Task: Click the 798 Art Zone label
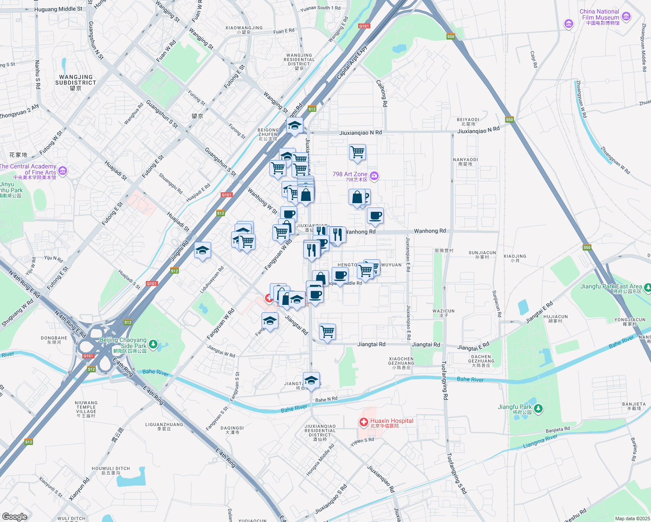click(x=350, y=174)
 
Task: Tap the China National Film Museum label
click(x=600, y=15)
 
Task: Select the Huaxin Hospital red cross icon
click(x=363, y=422)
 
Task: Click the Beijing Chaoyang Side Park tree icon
click(x=153, y=345)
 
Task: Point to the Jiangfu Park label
click(x=515, y=407)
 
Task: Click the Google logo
click(x=14, y=516)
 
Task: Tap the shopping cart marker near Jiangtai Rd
click(x=327, y=331)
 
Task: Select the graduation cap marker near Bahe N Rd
click(x=311, y=380)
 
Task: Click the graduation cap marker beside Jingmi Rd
click(x=203, y=250)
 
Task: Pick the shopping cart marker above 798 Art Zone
click(x=357, y=152)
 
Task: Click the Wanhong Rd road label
click(x=430, y=231)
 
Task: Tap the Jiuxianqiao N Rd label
click(x=360, y=133)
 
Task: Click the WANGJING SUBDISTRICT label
click(x=76, y=80)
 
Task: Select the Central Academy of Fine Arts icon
click(x=63, y=171)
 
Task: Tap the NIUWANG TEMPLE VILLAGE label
click(x=86, y=407)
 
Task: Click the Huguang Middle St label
click(x=58, y=9)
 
